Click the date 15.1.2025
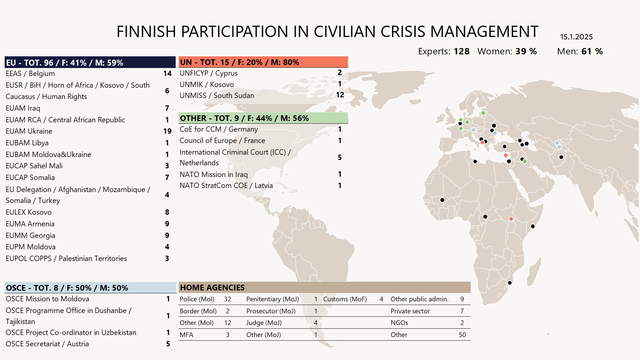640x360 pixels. pos(576,37)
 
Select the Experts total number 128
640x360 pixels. pos(461,51)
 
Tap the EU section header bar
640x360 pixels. pos(90,62)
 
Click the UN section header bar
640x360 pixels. pos(263,62)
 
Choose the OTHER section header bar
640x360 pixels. pos(263,118)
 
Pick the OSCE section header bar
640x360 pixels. pos(90,288)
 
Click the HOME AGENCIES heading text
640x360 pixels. pos(212,287)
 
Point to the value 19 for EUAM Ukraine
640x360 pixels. pos(167,131)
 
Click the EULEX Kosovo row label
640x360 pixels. pos(29,212)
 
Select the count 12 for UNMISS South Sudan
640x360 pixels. pos(340,95)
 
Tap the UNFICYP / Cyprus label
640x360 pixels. pos(209,73)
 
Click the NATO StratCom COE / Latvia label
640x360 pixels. pos(226,186)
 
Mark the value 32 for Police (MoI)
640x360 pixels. pos(228,299)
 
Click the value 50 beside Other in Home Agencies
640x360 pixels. pos(462,335)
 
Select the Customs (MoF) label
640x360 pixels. pos(345,299)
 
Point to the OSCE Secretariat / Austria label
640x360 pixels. pos(47,344)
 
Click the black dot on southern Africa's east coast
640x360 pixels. pos(510,283)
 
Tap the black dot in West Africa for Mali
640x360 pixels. pos(442,200)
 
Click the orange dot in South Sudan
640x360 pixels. pos(511,219)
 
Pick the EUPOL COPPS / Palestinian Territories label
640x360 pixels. pos(66,259)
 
